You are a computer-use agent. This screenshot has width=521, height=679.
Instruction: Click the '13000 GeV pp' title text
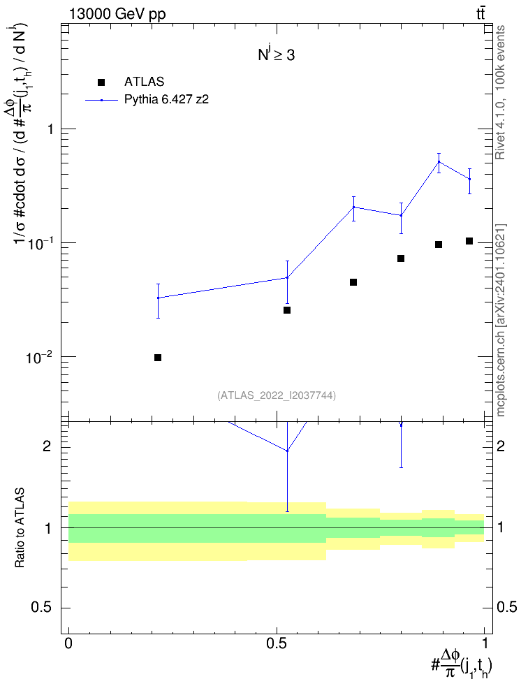(x=117, y=14)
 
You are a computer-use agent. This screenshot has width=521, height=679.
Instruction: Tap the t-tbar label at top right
(x=480, y=14)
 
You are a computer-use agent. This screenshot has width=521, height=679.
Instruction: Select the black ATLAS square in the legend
(x=101, y=82)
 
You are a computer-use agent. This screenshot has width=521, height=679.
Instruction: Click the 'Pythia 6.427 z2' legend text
(x=167, y=100)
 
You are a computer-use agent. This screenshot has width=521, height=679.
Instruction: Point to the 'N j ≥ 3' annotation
(x=277, y=54)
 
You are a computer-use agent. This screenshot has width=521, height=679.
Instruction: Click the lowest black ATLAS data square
(x=158, y=357)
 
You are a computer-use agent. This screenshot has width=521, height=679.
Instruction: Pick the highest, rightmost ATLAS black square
(x=469, y=241)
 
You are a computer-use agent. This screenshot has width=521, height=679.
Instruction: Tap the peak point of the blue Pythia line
(x=439, y=161)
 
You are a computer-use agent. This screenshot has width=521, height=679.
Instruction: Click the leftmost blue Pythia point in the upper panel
(x=158, y=298)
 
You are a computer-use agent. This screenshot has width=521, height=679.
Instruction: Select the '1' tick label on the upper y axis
(x=49, y=129)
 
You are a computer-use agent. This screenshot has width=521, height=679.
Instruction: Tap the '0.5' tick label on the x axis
(x=277, y=643)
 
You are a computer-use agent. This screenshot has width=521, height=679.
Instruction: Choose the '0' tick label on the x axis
(x=68, y=643)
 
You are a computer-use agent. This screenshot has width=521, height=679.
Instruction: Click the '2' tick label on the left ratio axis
(x=47, y=446)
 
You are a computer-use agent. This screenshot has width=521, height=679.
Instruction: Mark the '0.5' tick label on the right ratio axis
(x=507, y=608)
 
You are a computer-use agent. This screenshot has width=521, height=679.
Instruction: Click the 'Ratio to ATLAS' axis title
(x=20, y=528)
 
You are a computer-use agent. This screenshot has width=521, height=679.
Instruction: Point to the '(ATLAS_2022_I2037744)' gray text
(x=277, y=395)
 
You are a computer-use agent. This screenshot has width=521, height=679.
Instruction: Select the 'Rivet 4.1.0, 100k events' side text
(x=500, y=92)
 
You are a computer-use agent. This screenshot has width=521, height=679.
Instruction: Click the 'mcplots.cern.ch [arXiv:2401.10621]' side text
(x=501, y=321)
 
